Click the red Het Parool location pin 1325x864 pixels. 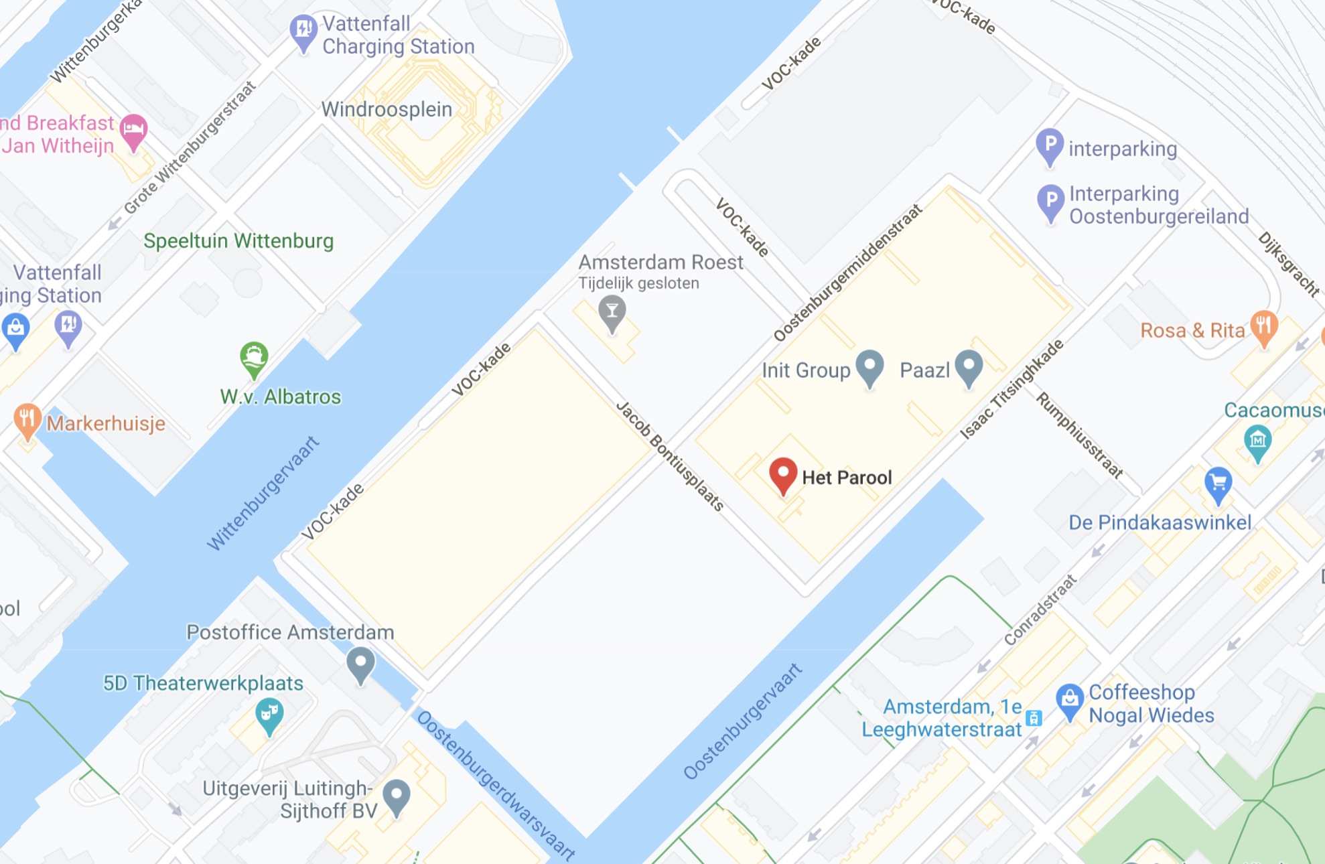pyautogui.click(x=782, y=474)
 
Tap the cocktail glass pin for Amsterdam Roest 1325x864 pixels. pyautogui.click(x=612, y=311)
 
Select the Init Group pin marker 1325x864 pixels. pyautogui.click(x=869, y=367)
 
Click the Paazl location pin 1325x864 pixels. pyautogui.click(x=969, y=367)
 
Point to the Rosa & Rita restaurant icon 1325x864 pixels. pyautogui.click(x=1263, y=327)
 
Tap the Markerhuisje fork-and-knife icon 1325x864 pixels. pyautogui.click(x=27, y=421)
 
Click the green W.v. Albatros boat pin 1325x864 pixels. pyautogui.click(x=254, y=358)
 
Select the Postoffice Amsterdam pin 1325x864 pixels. pyautogui.click(x=360, y=664)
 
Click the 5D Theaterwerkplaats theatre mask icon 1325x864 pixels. pyautogui.click(x=269, y=714)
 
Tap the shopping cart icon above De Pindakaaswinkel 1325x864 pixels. pyautogui.click(x=1218, y=484)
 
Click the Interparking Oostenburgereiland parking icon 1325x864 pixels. pyautogui.click(x=1050, y=202)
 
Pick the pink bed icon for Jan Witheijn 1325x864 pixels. pyautogui.click(x=133, y=130)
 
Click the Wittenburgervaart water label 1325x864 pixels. pyautogui.click(x=263, y=493)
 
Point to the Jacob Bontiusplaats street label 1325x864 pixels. pyautogui.click(x=670, y=456)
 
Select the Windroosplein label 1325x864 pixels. pyautogui.click(x=387, y=109)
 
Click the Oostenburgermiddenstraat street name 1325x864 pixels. pyautogui.click(x=848, y=273)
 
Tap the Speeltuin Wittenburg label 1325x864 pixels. pyautogui.click(x=238, y=241)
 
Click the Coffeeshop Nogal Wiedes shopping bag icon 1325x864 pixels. pyautogui.click(x=1070, y=700)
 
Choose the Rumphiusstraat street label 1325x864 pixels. pyautogui.click(x=1079, y=435)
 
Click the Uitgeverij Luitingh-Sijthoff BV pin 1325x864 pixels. pyautogui.click(x=397, y=796)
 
